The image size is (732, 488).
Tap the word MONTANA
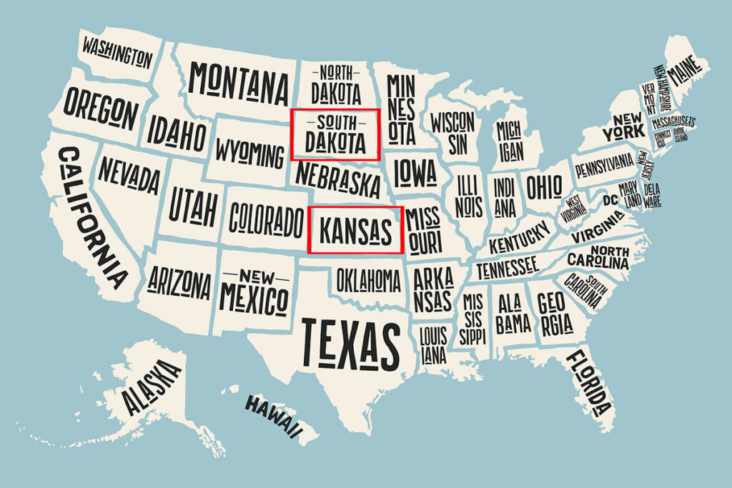coord(239,84)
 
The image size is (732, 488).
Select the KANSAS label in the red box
coord(356,231)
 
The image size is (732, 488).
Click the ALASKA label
coord(151,388)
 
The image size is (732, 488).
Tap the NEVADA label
coord(129,175)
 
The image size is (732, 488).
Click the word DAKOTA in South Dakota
coord(335,141)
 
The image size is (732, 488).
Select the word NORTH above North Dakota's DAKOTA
coord(335,72)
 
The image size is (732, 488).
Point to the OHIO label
coord(544,186)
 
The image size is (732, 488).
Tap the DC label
coord(610,199)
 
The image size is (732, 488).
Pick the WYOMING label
coord(249,154)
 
